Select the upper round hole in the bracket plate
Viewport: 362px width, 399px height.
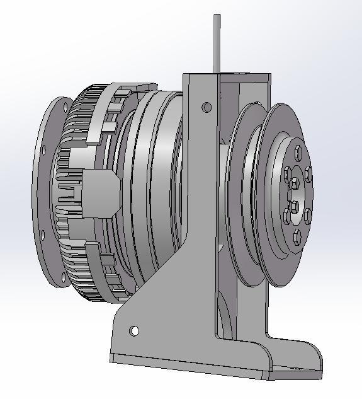coord(206,107)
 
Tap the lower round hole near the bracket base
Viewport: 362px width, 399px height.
coord(134,330)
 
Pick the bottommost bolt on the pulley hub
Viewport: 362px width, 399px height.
coord(297,236)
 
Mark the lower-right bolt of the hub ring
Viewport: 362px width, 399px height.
coord(307,216)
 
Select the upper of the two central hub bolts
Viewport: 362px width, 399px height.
coord(295,183)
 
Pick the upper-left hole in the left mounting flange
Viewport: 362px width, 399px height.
coord(43,150)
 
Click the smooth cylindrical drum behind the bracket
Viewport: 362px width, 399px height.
coord(157,189)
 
